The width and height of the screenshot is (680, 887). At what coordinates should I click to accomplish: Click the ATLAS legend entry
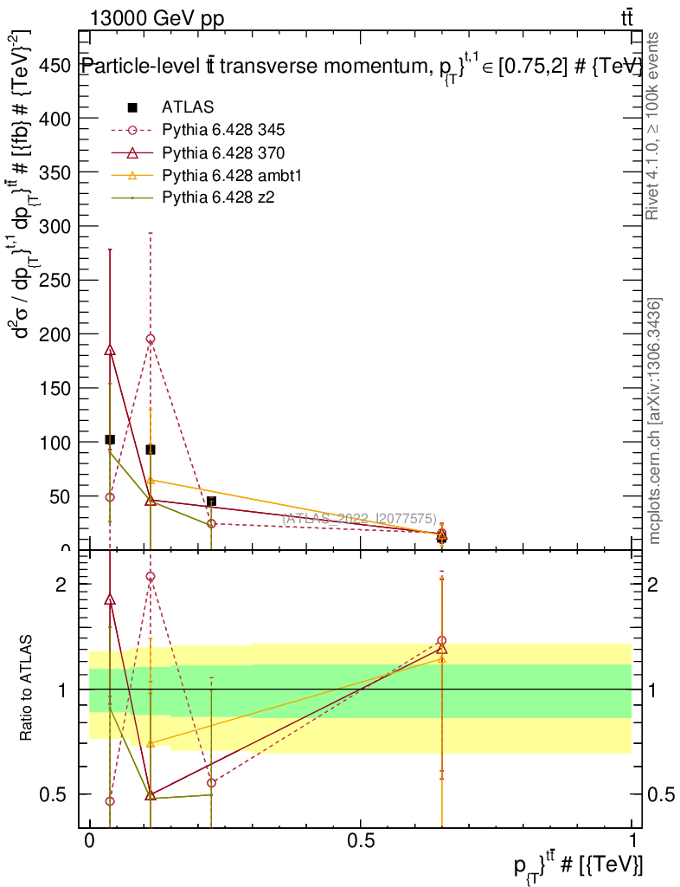click(x=188, y=107)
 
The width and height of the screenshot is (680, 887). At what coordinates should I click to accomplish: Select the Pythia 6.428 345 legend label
click(x=223, y=130)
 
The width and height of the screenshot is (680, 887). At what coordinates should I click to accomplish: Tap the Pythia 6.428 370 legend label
click(x=223, y=152)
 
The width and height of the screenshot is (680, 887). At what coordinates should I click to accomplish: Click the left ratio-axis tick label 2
click(x=61, y=585)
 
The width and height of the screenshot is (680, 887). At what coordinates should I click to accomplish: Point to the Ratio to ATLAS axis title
click(x=27, y=689)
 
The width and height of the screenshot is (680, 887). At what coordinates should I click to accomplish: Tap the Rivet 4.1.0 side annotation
click(x=654, y=126)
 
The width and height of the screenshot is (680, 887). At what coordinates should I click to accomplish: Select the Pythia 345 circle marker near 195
click(x=151, y=340)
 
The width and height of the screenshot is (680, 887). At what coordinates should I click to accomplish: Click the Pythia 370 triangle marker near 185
click(x=110, y=350)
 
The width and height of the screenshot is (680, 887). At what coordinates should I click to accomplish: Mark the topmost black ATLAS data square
click(x=110, y=440)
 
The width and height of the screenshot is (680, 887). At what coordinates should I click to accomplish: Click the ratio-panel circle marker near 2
click(x=151, y=576)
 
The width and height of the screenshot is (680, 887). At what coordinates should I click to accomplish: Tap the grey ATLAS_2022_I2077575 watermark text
click(x=360, y=519)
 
